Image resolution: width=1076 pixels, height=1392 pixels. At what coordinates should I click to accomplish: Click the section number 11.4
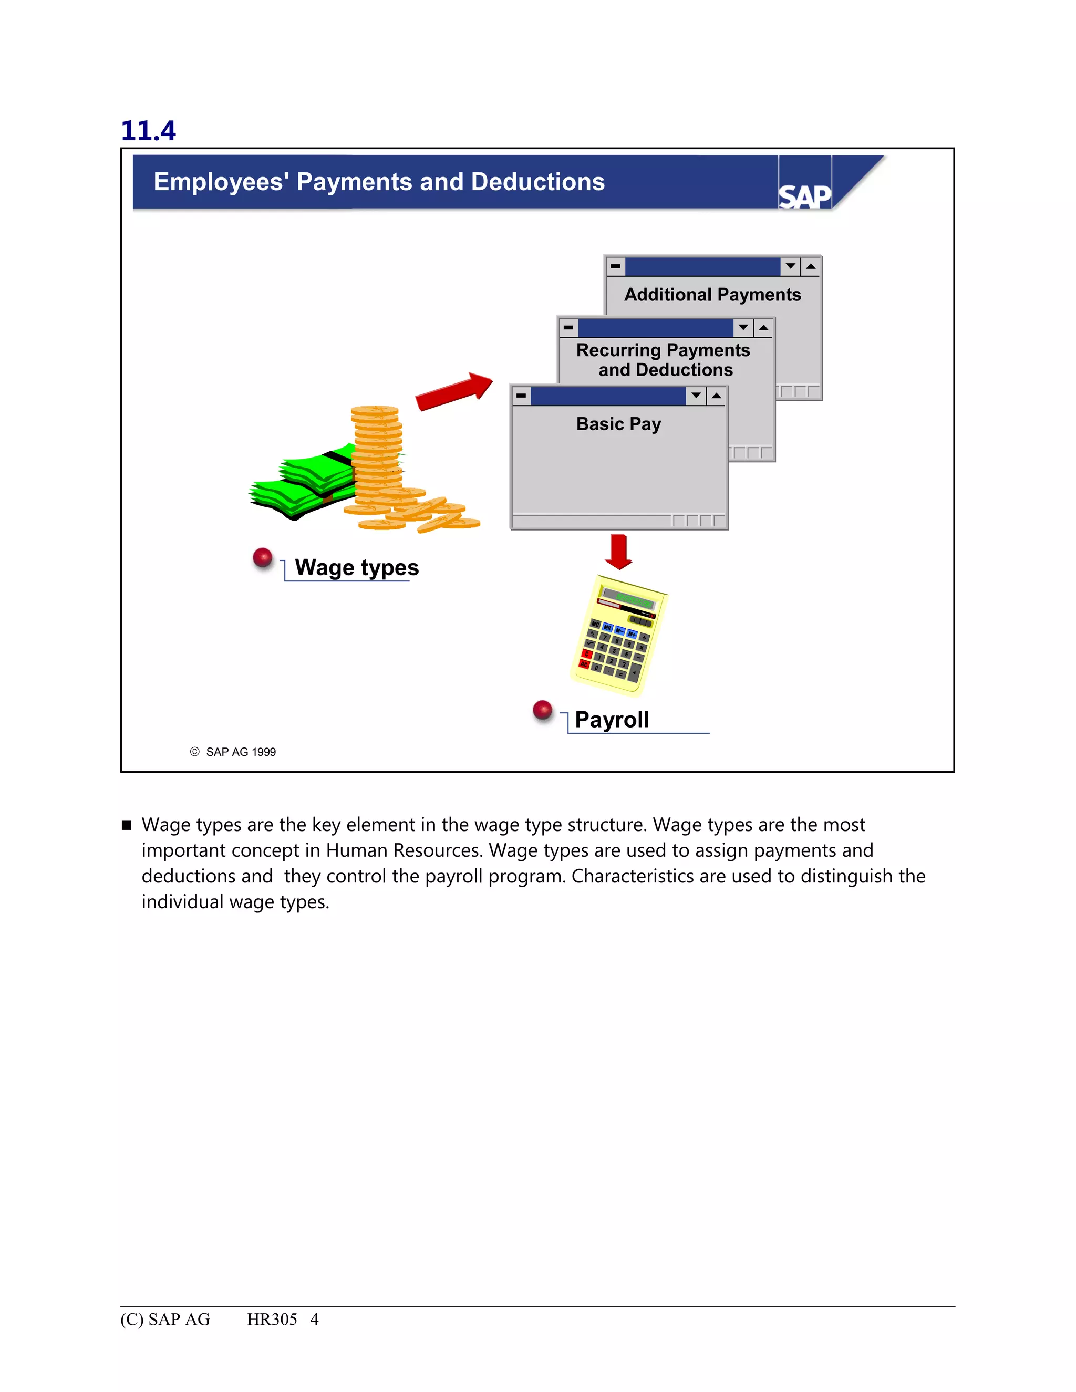[x=148, y=131]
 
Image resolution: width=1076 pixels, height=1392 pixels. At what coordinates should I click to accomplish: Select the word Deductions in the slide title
[x=537, y=182]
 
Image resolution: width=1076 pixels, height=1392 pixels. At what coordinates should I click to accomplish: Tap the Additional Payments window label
[x=712, y=295]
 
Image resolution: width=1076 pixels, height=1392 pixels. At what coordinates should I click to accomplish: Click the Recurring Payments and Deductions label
[x=664, y=360]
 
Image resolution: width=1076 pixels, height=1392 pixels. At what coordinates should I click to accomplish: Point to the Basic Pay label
[x=618, y=424]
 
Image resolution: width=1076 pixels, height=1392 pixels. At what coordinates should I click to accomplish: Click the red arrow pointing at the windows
[x=453, y=390]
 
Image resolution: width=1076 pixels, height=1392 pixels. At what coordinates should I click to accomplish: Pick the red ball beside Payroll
[x=542, y=709]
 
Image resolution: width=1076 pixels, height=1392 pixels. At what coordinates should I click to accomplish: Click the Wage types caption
[x=356, y=567]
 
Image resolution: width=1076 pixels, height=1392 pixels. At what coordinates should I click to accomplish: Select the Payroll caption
[x=612, y=720]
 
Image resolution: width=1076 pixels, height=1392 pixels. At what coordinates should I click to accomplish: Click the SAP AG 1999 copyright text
[x=240, y=752]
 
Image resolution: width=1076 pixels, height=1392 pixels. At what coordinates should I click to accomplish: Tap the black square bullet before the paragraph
[x=126, y=825]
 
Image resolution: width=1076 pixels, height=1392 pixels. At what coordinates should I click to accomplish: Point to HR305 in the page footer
[x=272, y=1320]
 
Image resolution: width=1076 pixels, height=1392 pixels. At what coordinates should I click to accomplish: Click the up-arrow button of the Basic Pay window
[x=717, y=396]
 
